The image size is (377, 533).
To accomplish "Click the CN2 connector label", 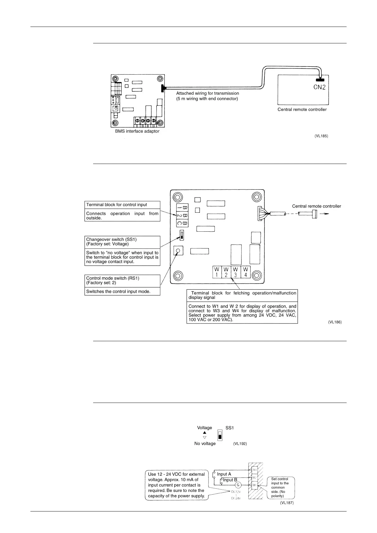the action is pyautogui.click(x=319, y=87).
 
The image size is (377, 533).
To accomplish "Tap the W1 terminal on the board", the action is pyautogui.click(x=217, y=272).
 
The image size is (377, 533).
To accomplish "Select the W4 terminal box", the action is pyautogui.click(x=246, y=272).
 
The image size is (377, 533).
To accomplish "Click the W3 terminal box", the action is pyautogui.click(x=236, y=272).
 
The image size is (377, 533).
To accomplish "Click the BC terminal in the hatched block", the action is pyautogui.click(x=254, y=485).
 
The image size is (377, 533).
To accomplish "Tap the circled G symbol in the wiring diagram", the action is pyautogui.click(x=238, y=485).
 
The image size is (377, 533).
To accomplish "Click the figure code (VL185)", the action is pyautogui.click(x=321, y=136).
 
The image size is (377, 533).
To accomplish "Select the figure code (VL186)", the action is pyautogui.click(x=335, y=322).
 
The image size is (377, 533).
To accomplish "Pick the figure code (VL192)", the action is pyautogui.click(x=240, y=444).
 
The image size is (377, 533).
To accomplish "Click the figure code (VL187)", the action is pyautogui.click(x=287, y=503).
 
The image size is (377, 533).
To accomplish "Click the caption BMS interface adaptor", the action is pyautogui.click(x=137, y=131).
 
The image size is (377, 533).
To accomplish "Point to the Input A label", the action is pyautogui.click(x=224, y=474).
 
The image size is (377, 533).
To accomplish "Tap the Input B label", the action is pyautogui.click(x=230, y=480).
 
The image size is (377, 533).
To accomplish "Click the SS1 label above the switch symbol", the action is pyautogui.click(x=230, y=428).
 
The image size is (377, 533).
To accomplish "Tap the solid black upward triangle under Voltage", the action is pyautogui.click(x=204, y=433).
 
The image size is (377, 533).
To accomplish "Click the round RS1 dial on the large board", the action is pyautogui.click(x=178, y=251).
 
